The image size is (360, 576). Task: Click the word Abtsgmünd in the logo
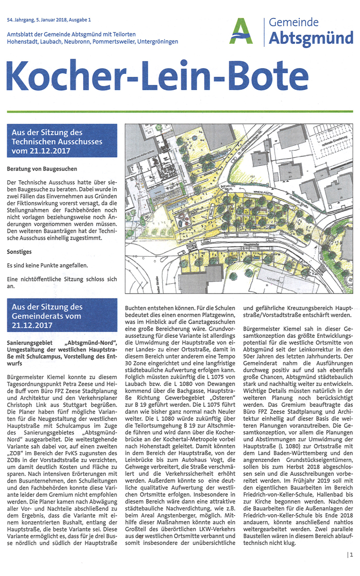(x=311, y=37)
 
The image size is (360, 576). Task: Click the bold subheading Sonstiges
(x=20, y=253)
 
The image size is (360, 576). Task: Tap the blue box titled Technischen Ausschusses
(x=62, y=141)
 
